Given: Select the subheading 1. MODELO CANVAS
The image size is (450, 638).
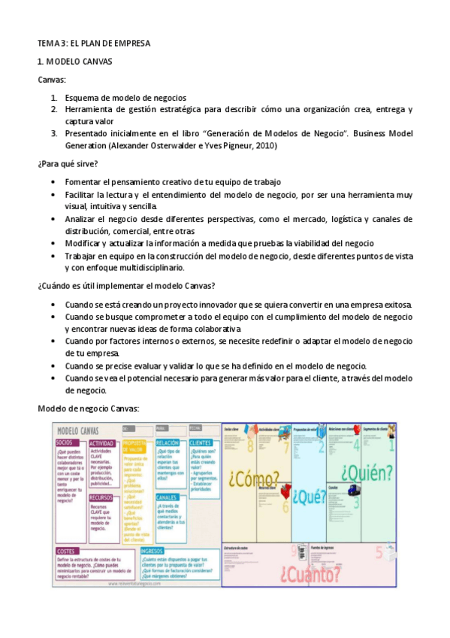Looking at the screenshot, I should click(74, 62).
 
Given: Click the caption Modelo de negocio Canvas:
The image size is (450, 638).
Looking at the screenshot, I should click(88, 408).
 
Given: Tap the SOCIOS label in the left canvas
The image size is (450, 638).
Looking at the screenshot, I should click(65, 443).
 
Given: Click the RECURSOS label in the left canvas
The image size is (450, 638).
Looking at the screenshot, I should click(102, 498).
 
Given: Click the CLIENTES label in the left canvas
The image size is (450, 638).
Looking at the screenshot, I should click(201, 443).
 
